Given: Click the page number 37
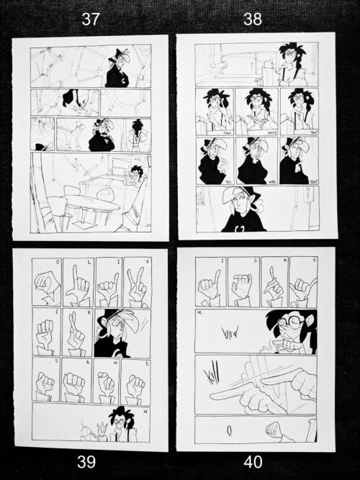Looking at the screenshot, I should tap(90, 21).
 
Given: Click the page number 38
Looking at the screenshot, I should tap(253, 21).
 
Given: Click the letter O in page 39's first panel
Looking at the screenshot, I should tap(46, 263).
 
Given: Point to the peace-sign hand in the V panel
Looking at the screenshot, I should tap(137, 284).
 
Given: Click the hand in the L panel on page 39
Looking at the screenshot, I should tap(77, 286).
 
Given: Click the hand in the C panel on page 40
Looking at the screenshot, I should tap(243, 286).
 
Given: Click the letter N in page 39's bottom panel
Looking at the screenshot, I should tap(145, 411).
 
